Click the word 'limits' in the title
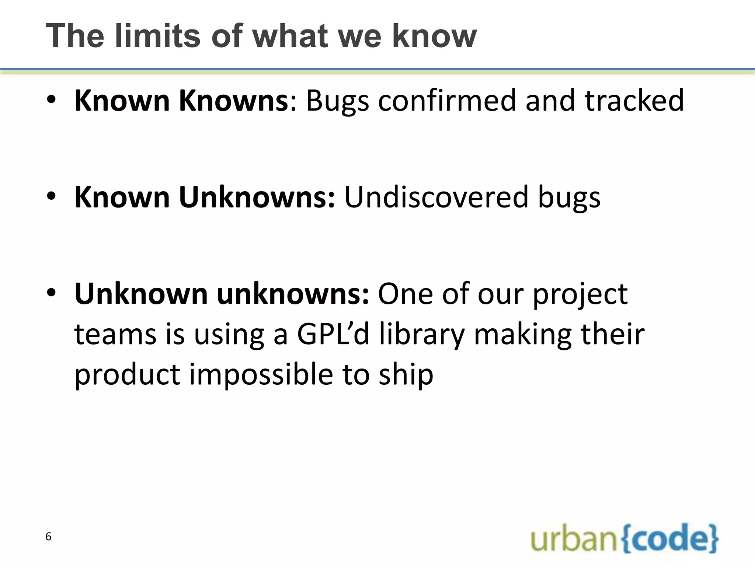[x=157, y=36]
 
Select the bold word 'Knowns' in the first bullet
[x=233, y=101]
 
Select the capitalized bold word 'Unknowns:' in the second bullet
[x=257, y=197]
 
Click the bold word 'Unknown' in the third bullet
[x=141, y=294]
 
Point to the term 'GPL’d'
[x=333, y=335]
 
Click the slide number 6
[x=48, y=537]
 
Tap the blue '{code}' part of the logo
[x=670, y=538]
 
